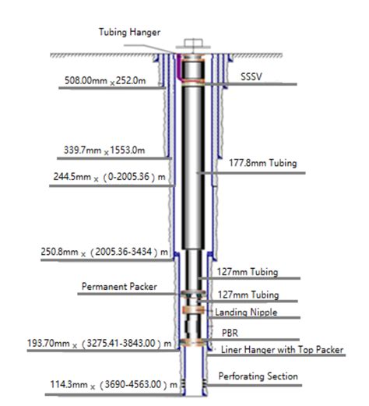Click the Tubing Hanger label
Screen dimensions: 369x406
pyautogui.click(x=129, y=32)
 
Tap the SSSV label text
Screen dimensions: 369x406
pyautogui.click(x=251, y=76)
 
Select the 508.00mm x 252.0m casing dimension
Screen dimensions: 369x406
pyautogui.click(x=105, y=80)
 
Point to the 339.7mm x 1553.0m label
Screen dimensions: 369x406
pyautogui.click(x=104, y=150)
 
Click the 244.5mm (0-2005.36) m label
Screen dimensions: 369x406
pyautogui.click(x=109, y=177)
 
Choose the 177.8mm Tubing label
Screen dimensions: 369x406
pyautogui.click(x=262, y=163)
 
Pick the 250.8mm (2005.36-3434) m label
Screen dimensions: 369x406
pyautogui.click(x=104, y=252)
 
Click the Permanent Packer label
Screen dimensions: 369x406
pyautogui.click(x=119, y=287)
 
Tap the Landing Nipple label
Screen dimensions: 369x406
pyautogui.click(x=246, y=312)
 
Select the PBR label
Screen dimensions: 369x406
pyautogui.click(x=230, y=333)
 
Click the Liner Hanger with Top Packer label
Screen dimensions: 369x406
pyautogui.click(x=282, y=350)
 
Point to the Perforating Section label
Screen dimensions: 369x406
pyautogui.click(x=258, y=376)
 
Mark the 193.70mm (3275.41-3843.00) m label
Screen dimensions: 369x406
pyautogui.click(x=100, y=343)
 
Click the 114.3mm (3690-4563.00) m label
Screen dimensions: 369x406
pyautogui.click(x=114, y=384)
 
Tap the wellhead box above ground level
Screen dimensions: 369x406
pyautogui.click(x=193, y=43)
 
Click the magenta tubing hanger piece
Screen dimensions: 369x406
pyautogui.click(x=179, y=67)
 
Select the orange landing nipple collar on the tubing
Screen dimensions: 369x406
pyautogui.click(x=194, y=310)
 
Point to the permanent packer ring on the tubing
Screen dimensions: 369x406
pyautogui.click(x=194, y=294)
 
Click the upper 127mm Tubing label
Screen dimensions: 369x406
pyautogui.click(x=248, y=272)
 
